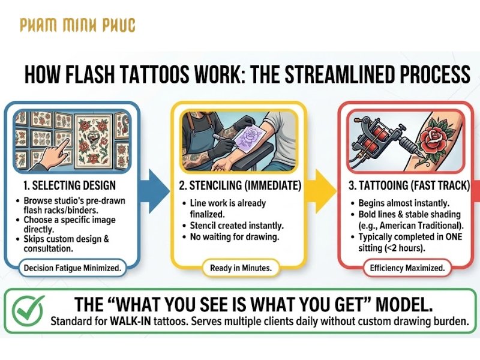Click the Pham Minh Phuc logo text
tap(77, 25)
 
